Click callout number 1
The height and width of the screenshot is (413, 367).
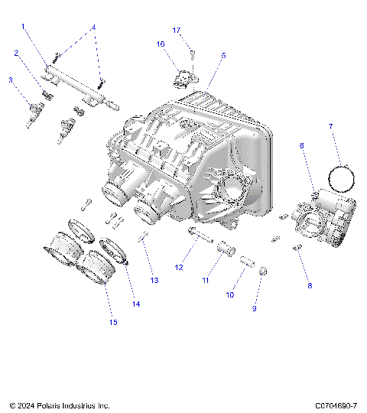[24, 27]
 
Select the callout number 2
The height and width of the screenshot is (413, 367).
[16, 53]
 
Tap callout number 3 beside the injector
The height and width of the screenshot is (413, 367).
[11, 80]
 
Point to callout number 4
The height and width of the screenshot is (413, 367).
[94, 27]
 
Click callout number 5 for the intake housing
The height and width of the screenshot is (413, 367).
[223, 56]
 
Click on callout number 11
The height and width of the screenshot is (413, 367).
[205, 281]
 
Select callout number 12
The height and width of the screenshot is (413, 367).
[179, 268]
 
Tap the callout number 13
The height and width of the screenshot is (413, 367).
[154, 281]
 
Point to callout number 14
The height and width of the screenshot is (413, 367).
[136, 304]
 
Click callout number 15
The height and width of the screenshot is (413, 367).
[113, 322]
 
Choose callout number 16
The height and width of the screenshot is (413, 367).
[161, 44]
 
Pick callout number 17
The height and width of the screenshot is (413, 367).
[176, 30]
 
